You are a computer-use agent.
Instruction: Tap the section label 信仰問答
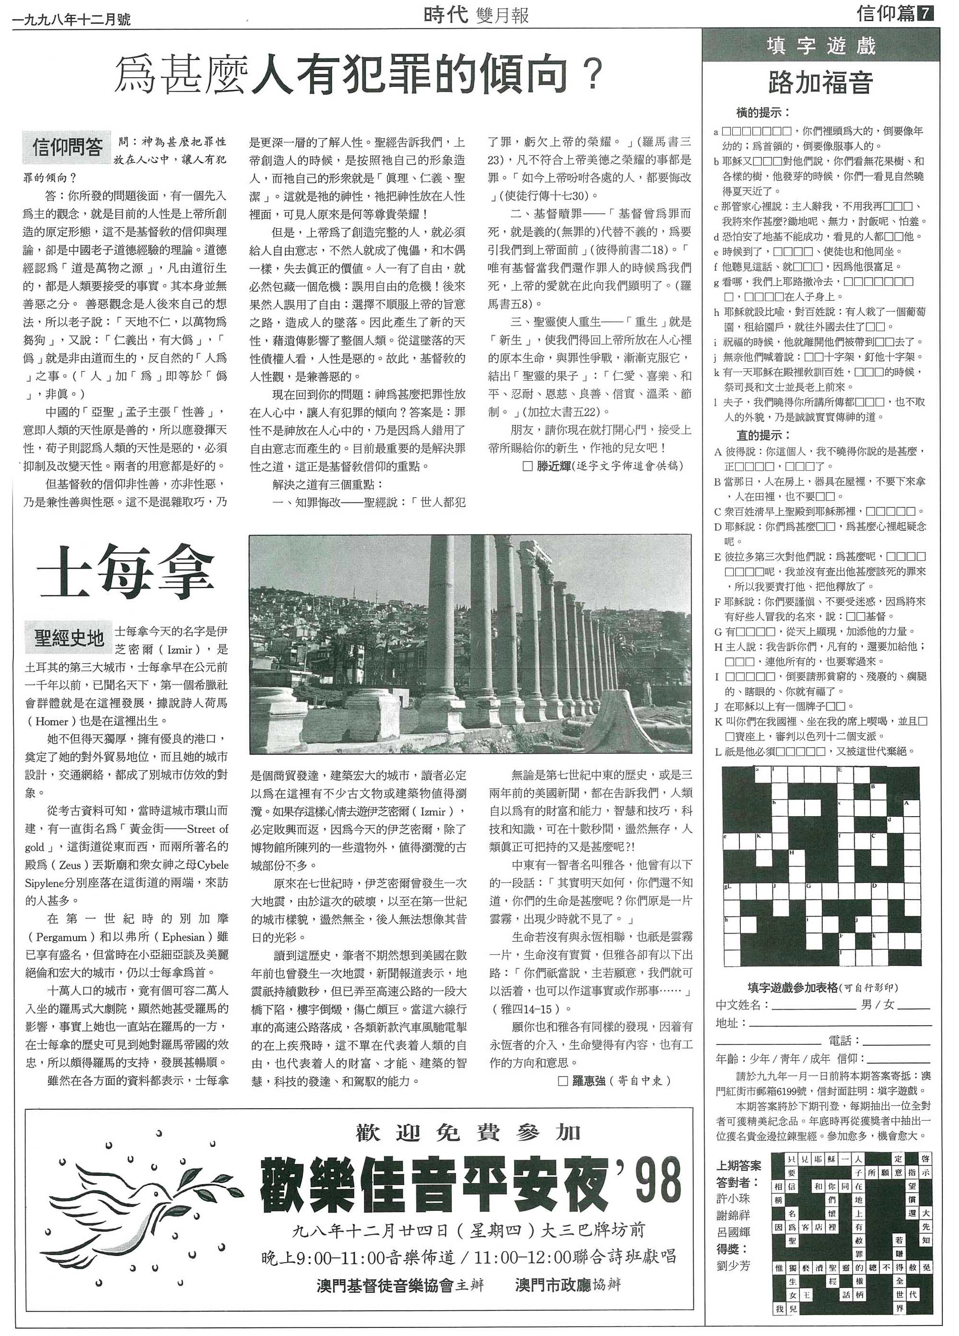click(x=67, y=147)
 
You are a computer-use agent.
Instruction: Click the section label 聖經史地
click(x=69, y=637)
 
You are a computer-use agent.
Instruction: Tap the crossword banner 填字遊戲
click(x=820, y=46)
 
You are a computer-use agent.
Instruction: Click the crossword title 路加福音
click(x=820, y=83)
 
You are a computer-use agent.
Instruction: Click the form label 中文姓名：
click(x=742, y=1004)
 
